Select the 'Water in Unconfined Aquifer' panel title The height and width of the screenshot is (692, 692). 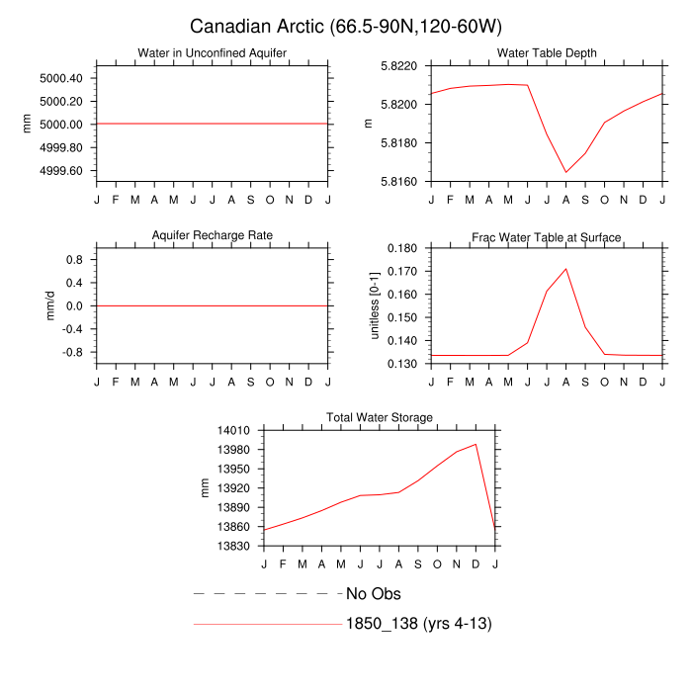pyautogui.click(x=212, y=52)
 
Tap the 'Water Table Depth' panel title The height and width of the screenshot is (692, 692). pyautogui.click(x=547, y=52)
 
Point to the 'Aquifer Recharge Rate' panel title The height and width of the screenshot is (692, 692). pyautogui.click(x=212, y=235)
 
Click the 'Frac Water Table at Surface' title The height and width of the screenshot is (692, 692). pyautogui.click(x=547, y=237)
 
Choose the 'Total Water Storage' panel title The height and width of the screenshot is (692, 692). pyautogui.click(x=380, y=418)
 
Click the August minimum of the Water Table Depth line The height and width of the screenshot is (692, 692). pyautogui.click(x=566, y=172)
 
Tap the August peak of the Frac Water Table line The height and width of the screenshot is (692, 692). pyautogui.click(x=566, y=268)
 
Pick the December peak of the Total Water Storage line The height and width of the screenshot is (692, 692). pyautogui.click(x=476, y=444)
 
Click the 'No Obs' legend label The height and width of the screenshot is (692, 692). pyautogui.click(x=374, y=594)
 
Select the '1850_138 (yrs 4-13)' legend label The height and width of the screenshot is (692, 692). pyautogui.click(x=419, y=624)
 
